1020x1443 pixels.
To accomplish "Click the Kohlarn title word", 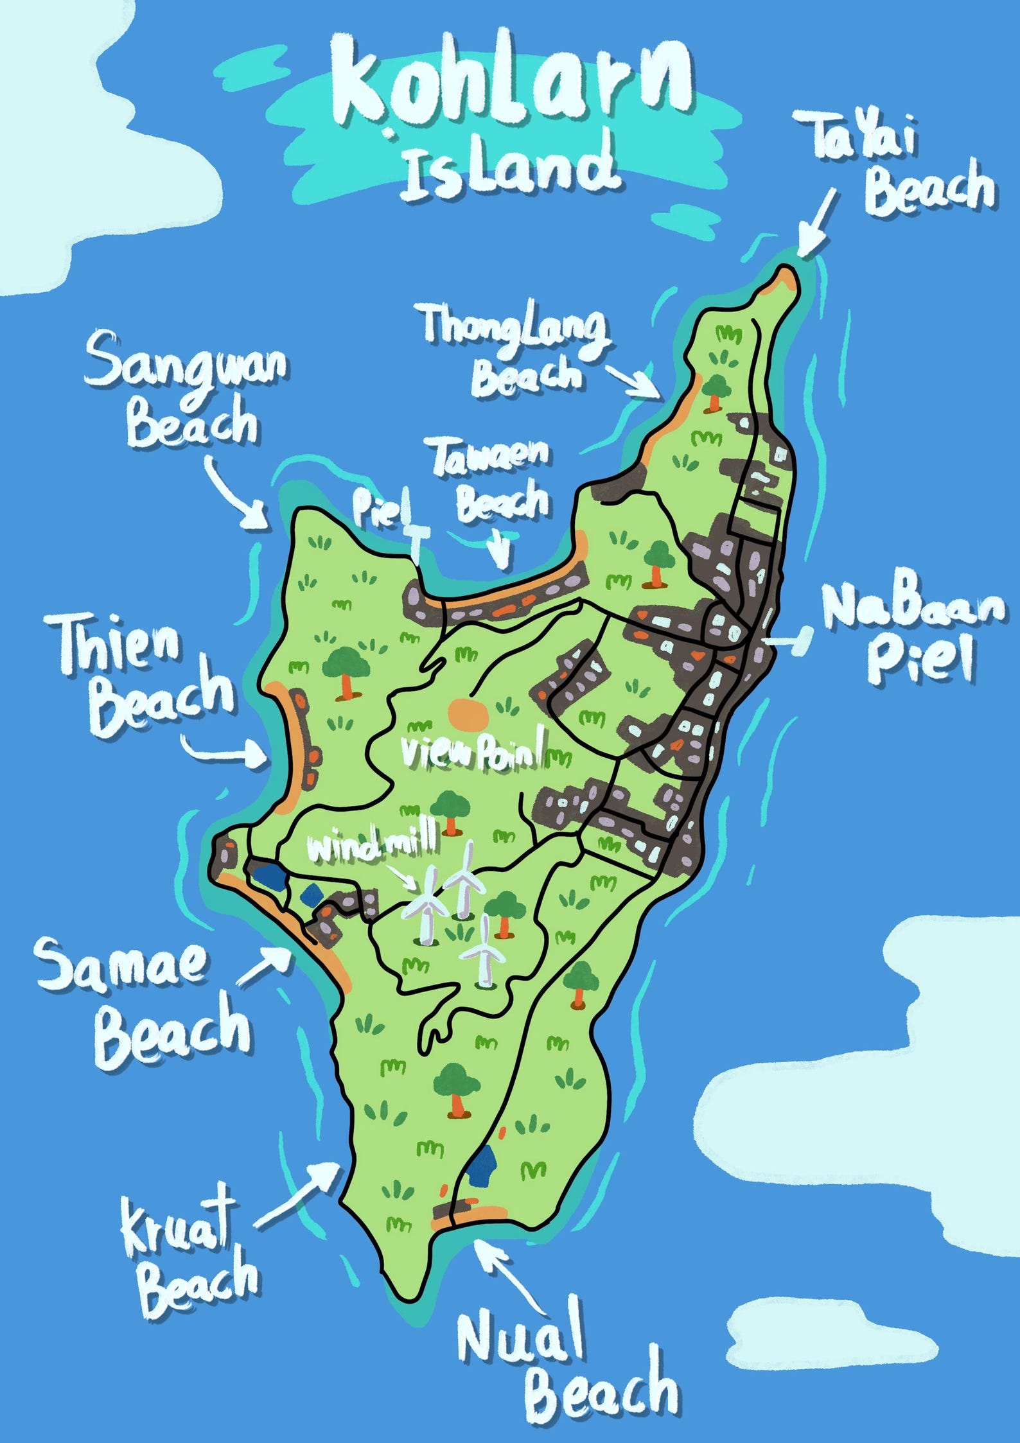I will tap(511, 83).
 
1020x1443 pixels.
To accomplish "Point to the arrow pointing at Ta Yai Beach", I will tap(819, 225).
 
